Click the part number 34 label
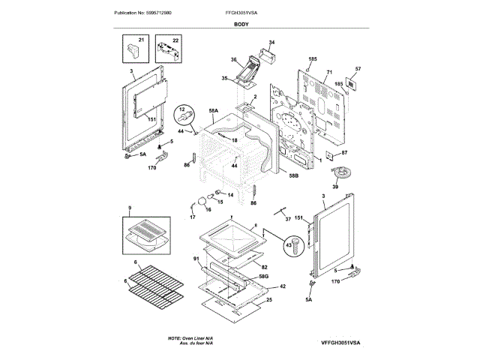click(x=271, y=42)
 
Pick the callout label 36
click(x=233, y=60)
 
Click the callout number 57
click(x=358, y=69)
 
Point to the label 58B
click(x=293, y=175)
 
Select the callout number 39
click(x=346, y=187)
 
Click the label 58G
click(x=263, y=276)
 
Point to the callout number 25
click(x=269, y=299)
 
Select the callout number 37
click(x=288, y=218)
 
